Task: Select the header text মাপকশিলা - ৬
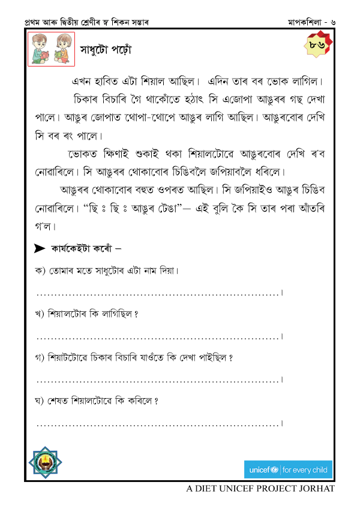[311, 22]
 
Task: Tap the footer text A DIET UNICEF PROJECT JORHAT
[260, 489]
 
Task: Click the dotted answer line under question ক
[159, 293]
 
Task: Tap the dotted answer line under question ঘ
[159, 424]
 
